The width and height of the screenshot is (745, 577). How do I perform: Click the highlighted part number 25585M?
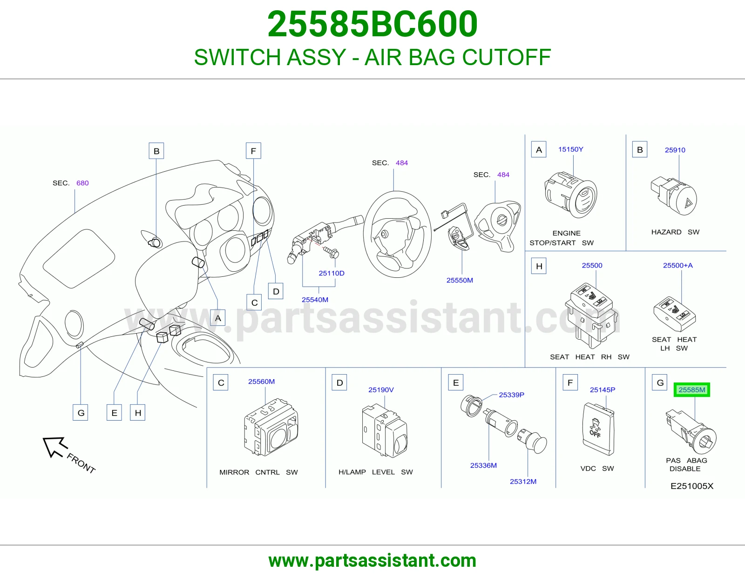(x=692, y=389)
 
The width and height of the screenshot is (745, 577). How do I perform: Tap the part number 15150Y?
(x=570, y=149)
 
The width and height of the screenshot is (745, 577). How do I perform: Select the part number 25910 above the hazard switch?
(x=675, y=150)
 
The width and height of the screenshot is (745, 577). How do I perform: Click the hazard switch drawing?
(x=674, y=195)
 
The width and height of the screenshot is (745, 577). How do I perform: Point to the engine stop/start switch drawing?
(x=571, y=195)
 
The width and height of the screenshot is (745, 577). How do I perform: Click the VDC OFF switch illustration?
(x=598, y=429)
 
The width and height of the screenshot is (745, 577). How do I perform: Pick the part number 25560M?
(x=261, y=382)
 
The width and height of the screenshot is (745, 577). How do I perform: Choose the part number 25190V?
(x=381, y=389)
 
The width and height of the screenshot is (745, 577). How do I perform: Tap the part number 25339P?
(x=512, y=395)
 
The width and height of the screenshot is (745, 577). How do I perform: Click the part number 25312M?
(x=523, y=482)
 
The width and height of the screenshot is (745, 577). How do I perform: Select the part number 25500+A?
(x=678, y=265)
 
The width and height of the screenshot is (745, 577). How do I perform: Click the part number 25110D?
(x=332, y=273)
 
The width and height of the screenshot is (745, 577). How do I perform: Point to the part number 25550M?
(x=460, y=280)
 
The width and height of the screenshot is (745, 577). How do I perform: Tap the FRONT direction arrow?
(x=55, y=447)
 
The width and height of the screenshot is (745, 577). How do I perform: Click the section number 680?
(x=82, y=183)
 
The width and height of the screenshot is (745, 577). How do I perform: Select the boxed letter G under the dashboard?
(x=81, y=413)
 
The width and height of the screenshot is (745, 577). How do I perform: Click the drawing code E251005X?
(x=692, y=486)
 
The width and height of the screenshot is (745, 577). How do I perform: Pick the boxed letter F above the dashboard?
(x=253, y=151)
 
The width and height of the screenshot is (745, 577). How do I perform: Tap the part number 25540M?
(x=315, y=300)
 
